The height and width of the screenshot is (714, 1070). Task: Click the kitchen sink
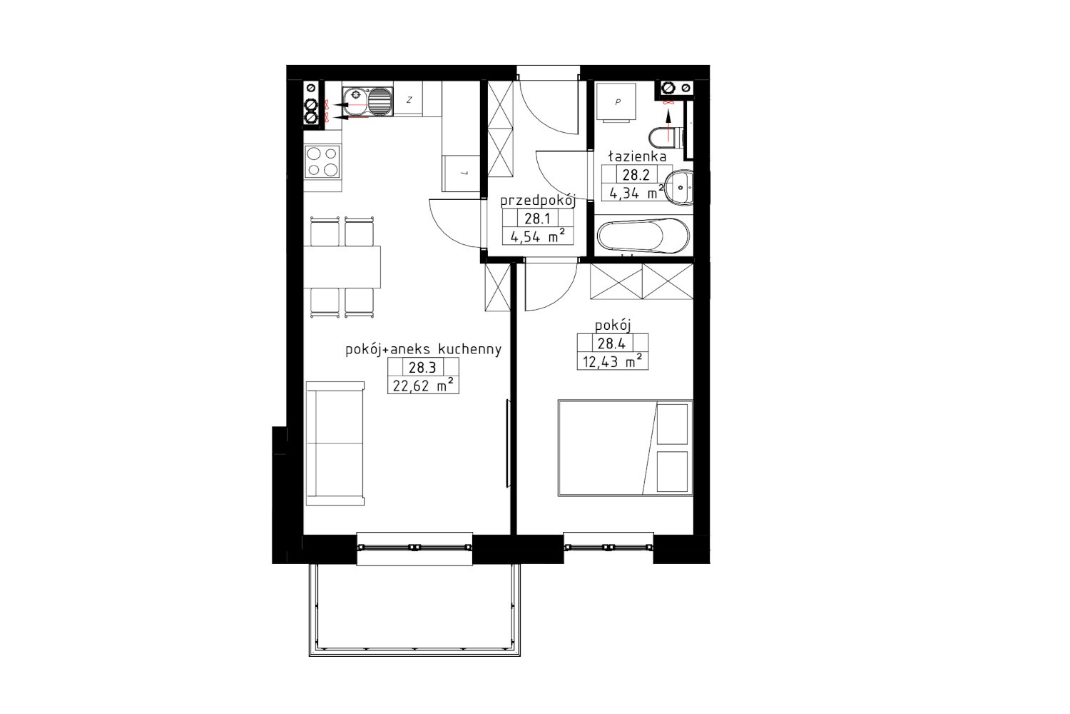pos(367,102)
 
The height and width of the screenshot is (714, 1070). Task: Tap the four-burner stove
pos(322,161)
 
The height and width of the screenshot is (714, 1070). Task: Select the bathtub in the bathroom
pos(643,236)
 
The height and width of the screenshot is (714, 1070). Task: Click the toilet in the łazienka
pos(667,137)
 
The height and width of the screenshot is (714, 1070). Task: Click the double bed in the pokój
pos(626,448)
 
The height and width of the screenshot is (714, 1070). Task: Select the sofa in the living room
pos(335,443)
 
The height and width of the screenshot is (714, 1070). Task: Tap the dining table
pos(342,267)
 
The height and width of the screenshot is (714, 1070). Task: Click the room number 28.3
pos(422,367)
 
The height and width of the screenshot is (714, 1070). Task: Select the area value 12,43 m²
pos(612,361)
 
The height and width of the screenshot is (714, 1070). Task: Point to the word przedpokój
pos(538,201)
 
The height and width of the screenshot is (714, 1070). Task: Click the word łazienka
pos(637,156)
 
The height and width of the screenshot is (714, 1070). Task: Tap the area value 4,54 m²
pos(538,236)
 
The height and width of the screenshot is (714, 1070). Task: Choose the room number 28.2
pos(636,174)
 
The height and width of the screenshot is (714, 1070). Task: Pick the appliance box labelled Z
pos(409,100)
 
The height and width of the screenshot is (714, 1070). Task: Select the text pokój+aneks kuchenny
pos(423,350)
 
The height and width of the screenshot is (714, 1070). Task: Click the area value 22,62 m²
pos(423,386)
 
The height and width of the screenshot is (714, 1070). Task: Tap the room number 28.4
pos(612,343)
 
